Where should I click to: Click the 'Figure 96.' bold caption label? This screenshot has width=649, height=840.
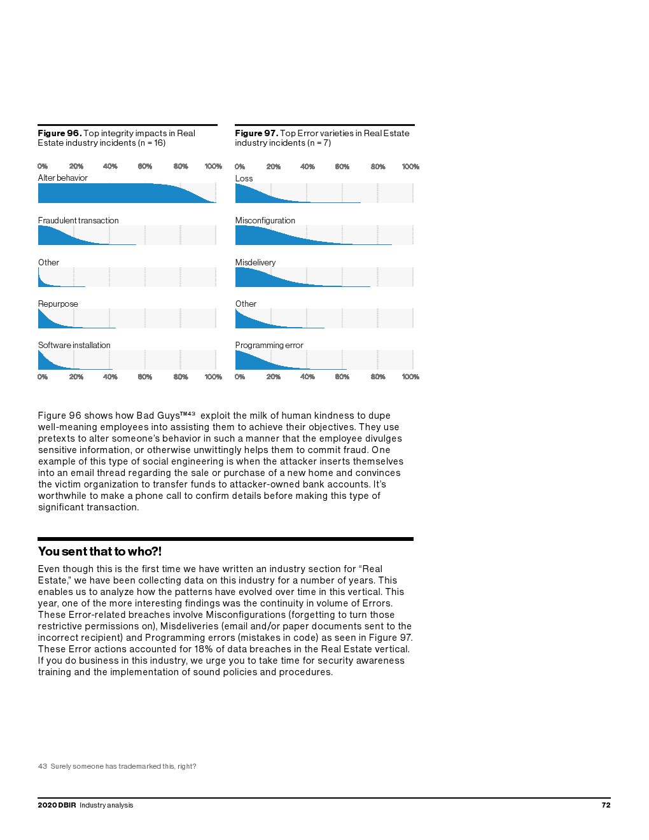(x=59, y=133)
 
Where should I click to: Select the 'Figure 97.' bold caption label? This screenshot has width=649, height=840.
(x=256, y=133)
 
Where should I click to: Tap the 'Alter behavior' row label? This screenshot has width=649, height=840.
(x=62, y=178)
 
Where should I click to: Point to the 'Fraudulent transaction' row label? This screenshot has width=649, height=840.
(x=78, y=221)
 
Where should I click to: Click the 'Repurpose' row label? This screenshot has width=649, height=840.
(x=58, y=304)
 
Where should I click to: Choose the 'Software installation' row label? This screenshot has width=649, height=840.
(x=74, y=346)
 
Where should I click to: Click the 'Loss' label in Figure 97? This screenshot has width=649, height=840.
(x=244, y=179)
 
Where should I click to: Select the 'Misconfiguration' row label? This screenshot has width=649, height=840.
(x=265, y=221)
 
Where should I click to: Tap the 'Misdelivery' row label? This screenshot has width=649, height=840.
(x=255, y=263)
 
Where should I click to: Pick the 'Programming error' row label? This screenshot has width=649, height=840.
(x=269, y=346)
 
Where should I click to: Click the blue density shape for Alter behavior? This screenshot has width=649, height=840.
(x=115, y=193)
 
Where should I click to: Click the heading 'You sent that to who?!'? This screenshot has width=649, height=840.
(x=100, y=552)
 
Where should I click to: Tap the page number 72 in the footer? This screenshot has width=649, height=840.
(x=606, y=805)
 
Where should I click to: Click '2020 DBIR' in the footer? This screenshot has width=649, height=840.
(x=57, y=805)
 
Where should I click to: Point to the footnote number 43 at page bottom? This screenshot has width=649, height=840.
(x=42, y=766)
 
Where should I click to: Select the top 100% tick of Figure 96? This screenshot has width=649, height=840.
(x=213, y=167)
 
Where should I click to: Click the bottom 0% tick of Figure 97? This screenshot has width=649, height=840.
(x=240, y=377)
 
